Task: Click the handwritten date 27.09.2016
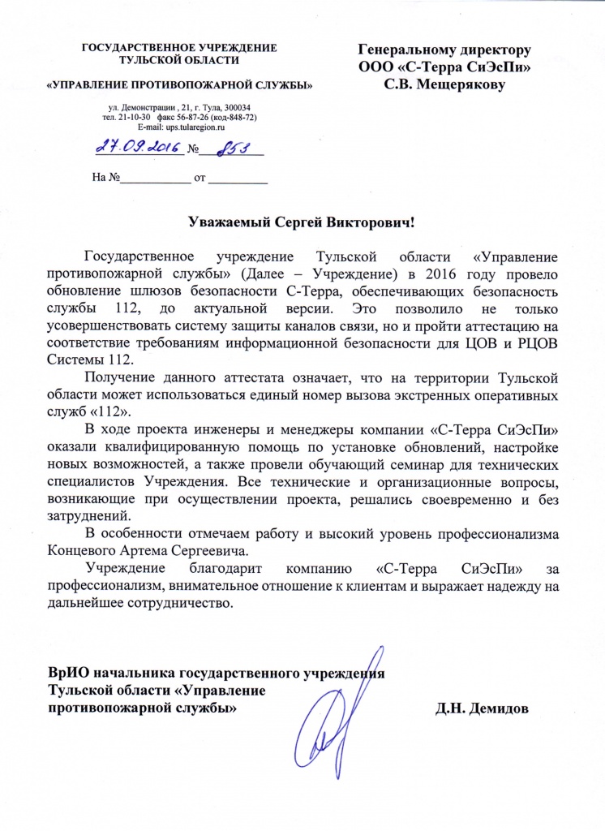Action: click(x=137, y=147)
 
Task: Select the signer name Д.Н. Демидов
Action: click(x=482, y=708)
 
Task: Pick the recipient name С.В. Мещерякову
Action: click(x=444, y=81)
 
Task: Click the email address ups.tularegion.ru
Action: click(x=192, y=127)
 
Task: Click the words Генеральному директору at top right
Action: click(x=444, y=49)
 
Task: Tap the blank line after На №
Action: click(x=153, y=177)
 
